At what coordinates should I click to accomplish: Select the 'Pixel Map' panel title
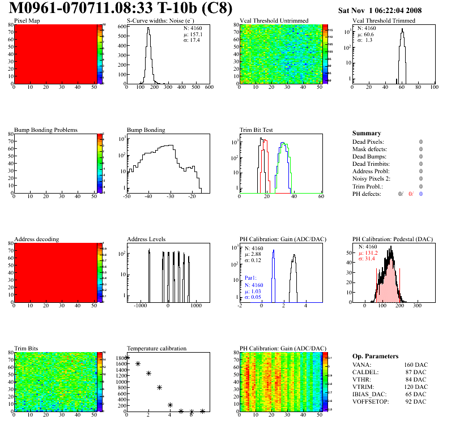[x=27, y=21]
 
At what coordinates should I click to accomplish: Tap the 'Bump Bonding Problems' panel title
[x=45, y=130]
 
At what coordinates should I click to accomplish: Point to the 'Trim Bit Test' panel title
[x=257, y=130]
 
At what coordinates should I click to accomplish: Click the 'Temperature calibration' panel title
[x=156, y=349]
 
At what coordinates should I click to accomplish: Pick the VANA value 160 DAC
[x=415, y=365]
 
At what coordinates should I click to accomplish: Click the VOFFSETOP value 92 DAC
[x=416, y=402]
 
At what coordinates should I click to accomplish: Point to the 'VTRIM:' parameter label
[x=363, y=387]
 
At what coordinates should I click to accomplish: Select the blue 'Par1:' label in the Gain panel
[x=251, y=279]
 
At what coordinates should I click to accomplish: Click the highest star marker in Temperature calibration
[x=127, y=358]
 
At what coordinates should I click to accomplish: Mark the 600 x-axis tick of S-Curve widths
[x=209, y=88]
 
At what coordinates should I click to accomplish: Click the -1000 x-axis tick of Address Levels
[x=139, y=306]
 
